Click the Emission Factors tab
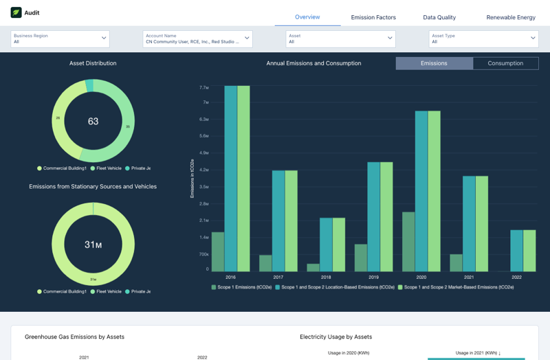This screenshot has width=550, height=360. tap(373, 17)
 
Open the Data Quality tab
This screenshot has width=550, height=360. tap(439, 17)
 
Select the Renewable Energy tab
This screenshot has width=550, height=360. tap(510, 17)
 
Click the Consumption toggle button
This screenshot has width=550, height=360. tap(505, 63)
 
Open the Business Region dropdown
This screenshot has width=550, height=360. tap(60, 38)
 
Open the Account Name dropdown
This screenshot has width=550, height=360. tap(197, 38)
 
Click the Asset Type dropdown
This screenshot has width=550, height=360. tap(483, 38)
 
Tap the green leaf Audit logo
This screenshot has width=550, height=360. tap(16, 12)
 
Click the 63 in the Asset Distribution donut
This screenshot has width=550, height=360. tap(93, 122)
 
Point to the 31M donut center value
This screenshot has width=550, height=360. tap(93, 245)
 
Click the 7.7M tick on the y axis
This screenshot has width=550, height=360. tap(203, 87)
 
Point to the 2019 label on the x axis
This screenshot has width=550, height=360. tap(373, 277)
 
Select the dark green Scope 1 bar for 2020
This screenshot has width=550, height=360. tap(408, 241)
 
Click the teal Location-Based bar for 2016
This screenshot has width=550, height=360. tap(230, 179)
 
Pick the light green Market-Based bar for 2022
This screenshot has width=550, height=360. tap(529, 251)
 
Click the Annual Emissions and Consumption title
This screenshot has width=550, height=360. tap(313, 63)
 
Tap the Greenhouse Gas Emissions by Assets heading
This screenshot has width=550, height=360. tap(74, 337)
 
